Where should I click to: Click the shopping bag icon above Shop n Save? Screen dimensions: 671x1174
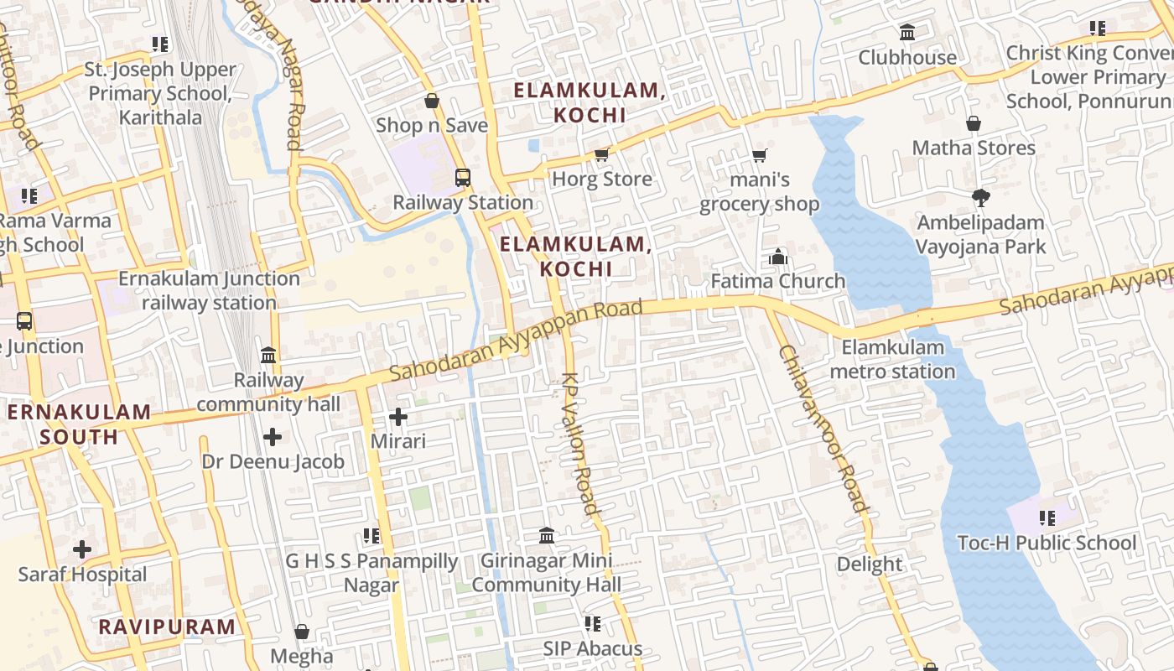pyautogui.click(x=432, y=101)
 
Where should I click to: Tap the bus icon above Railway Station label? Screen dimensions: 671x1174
pyautogui.click(x=462, y=178)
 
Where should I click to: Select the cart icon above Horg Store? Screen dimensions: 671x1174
pyautogui.click(x=601, y=154)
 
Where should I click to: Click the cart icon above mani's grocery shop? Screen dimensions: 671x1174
pyautogui.click(x=759, y=154)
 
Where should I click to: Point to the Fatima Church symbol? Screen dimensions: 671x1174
pyautogui.click(x=778, y=257)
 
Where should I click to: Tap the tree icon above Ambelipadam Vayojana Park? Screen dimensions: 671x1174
pyautogui.click(x=980, y=198)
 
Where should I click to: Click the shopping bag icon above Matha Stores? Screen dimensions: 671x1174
pyautogui.click(x=974, y=123)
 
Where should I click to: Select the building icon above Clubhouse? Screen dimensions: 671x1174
pyautogui.click(x=906, y=33)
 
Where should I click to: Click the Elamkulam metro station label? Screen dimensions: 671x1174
pyautogui.click(x=892, y=359)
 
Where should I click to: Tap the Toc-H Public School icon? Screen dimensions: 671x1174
pyautogui.click(x=1047, y=518)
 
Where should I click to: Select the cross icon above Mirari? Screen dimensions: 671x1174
pyautogui.click(x=398, y=416)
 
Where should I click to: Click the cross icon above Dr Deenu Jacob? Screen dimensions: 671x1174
pyautogui.click(x=273, y=437)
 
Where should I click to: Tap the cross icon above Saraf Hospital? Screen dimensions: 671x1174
pyautogui.click(x=82, y=550)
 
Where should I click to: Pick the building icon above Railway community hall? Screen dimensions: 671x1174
pyautogui.click(x=268, y=355)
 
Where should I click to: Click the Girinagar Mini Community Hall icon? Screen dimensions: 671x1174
pyautogui.click(x=547, y=535)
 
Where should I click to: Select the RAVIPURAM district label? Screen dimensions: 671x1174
pyautogui.click(x=167, y=627)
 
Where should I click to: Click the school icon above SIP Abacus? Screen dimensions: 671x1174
pyautogui.click(x=592, y=624)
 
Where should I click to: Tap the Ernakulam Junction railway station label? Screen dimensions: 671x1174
pyautogui.click(x=209, y=290)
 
